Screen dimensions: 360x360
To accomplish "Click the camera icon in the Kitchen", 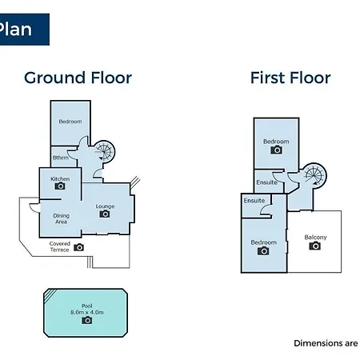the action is tap(60, 186).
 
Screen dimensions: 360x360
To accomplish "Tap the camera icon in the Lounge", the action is tap(105, 214).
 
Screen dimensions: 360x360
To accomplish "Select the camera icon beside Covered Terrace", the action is tap(78, 247).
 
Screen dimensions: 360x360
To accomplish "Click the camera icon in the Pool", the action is tap(87, 320).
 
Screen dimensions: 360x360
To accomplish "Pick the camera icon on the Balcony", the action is tap(315, 246).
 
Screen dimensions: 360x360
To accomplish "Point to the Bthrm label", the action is tap(61, 158).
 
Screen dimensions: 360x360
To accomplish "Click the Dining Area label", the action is tap(61, 218).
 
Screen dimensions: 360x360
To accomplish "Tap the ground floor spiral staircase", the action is tap(104, 151).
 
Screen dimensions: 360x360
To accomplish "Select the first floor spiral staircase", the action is tap(315, 175).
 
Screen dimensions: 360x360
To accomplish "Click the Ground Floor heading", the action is tap(78, 78).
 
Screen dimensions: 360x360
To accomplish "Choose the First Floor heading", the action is tap(290, 78).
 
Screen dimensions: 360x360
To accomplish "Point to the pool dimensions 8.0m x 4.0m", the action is tap(87, 312).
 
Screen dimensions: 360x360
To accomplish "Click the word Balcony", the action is tap(315, 237).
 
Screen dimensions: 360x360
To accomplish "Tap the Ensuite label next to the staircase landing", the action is tap(266, 182).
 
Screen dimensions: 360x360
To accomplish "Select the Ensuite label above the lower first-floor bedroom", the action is tap(254, 201).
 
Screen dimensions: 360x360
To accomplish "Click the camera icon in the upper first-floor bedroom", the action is tap(277, 150).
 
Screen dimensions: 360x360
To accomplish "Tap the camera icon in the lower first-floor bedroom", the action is tap(263, 251).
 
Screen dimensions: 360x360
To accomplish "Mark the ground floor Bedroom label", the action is tap(70, 122).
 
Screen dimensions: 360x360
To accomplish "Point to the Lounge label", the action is tap(105, 206).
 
